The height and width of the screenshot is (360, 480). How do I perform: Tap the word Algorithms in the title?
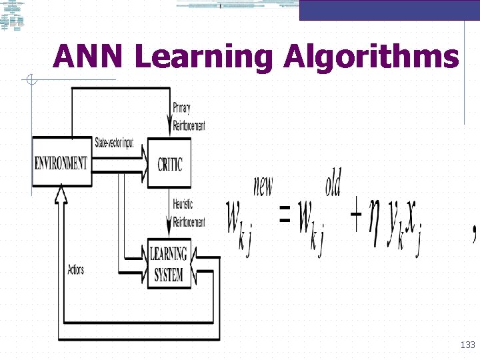pos(371,58)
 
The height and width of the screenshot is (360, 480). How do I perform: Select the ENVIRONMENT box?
pos(61,163)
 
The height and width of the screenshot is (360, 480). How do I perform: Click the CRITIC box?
pos(169,163)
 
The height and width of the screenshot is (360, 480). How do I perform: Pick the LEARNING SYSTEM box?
pos(168,264)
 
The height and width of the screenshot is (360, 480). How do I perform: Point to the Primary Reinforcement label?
pos(189,117)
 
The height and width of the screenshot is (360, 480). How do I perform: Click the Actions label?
pos(75,269)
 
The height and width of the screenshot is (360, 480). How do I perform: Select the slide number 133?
pos(467,345)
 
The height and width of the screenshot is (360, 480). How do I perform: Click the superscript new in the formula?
pos(263,185)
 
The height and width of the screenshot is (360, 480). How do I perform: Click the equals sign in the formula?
pos(285,215)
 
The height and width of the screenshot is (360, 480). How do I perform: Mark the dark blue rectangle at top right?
pos(389,10)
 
